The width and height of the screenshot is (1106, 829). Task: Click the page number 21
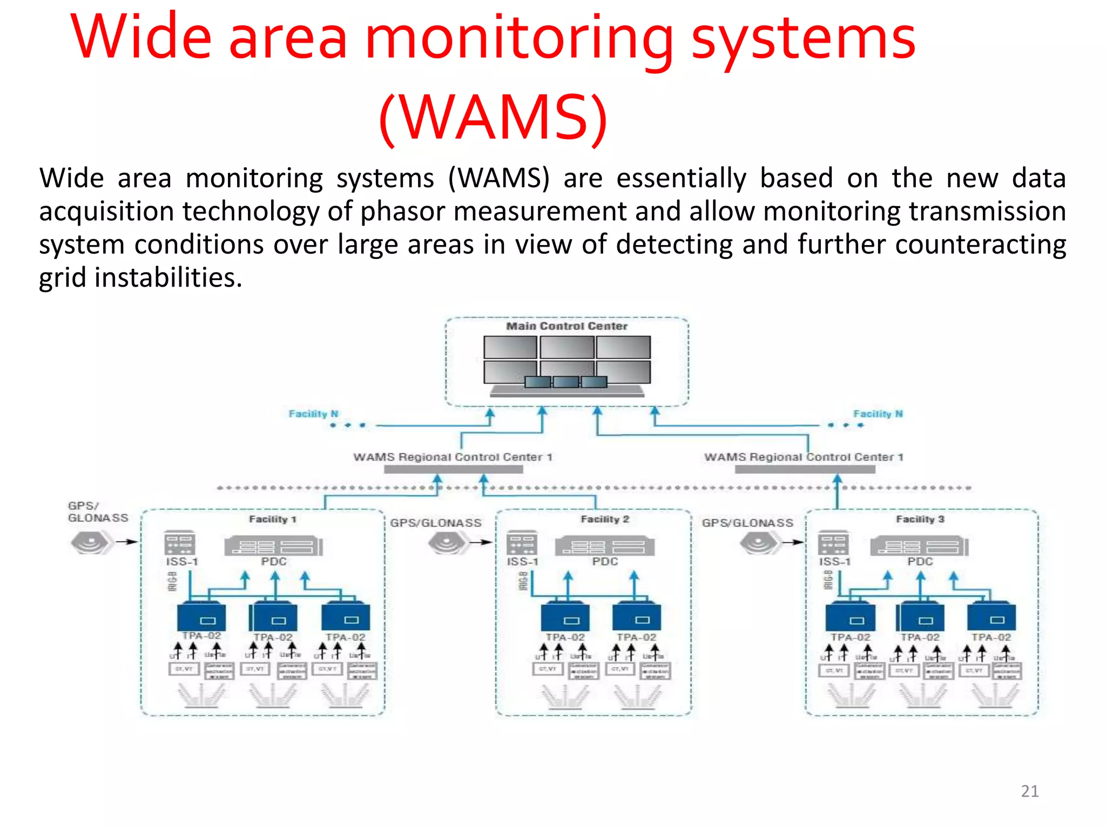click(1029, 791)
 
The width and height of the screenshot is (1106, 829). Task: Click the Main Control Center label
click(567, 326)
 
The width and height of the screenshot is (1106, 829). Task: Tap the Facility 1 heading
click(272, 519)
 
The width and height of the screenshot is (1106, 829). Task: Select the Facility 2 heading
click(605, 519)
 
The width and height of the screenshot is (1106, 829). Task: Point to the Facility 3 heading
click(920, 519)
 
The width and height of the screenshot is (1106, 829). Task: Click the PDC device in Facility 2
click(604, 546)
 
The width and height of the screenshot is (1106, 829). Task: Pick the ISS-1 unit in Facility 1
click(180, 543)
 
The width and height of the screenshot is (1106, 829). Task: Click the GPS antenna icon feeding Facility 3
click(759, 542)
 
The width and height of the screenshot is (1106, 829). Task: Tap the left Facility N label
click(313, 414)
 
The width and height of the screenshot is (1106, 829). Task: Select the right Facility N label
click(878, 414)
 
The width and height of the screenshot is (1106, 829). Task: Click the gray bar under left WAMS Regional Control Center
click(453, 470)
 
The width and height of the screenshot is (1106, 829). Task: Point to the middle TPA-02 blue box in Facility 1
click(273, 617)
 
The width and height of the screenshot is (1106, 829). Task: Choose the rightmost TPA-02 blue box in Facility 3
click(991, 617)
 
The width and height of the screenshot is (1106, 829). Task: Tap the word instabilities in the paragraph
click(168, 277)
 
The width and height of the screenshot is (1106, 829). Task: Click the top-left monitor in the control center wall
click(510, 347)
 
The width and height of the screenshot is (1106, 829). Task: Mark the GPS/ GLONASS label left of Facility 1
click(97, 512)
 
